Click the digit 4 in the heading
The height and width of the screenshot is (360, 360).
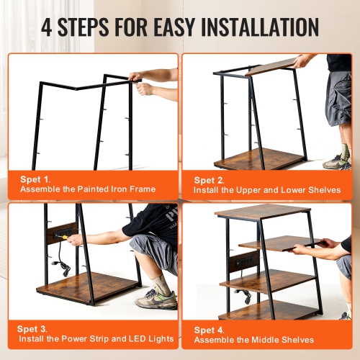(x=48, y=27)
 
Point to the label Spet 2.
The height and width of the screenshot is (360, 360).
(x=210, y=179)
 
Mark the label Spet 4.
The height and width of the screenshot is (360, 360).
(x=210, y=329)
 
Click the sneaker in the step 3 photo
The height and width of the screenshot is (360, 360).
(x=156, y=298)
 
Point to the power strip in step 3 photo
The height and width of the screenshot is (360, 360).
(x=62, y=235)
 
